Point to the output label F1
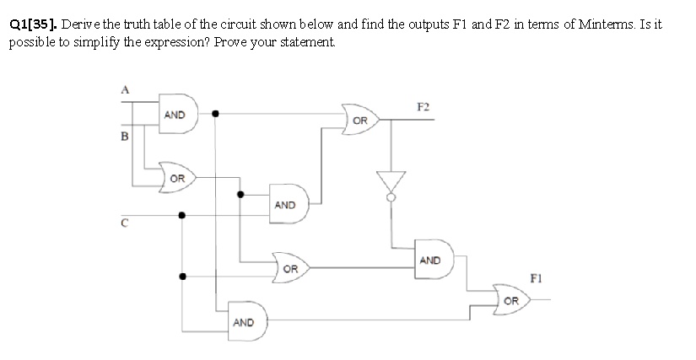tap(535, 277)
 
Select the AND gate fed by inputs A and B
tap(177, 116)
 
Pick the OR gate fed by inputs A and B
tap(177, 178)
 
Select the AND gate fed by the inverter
tap(431, 261)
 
